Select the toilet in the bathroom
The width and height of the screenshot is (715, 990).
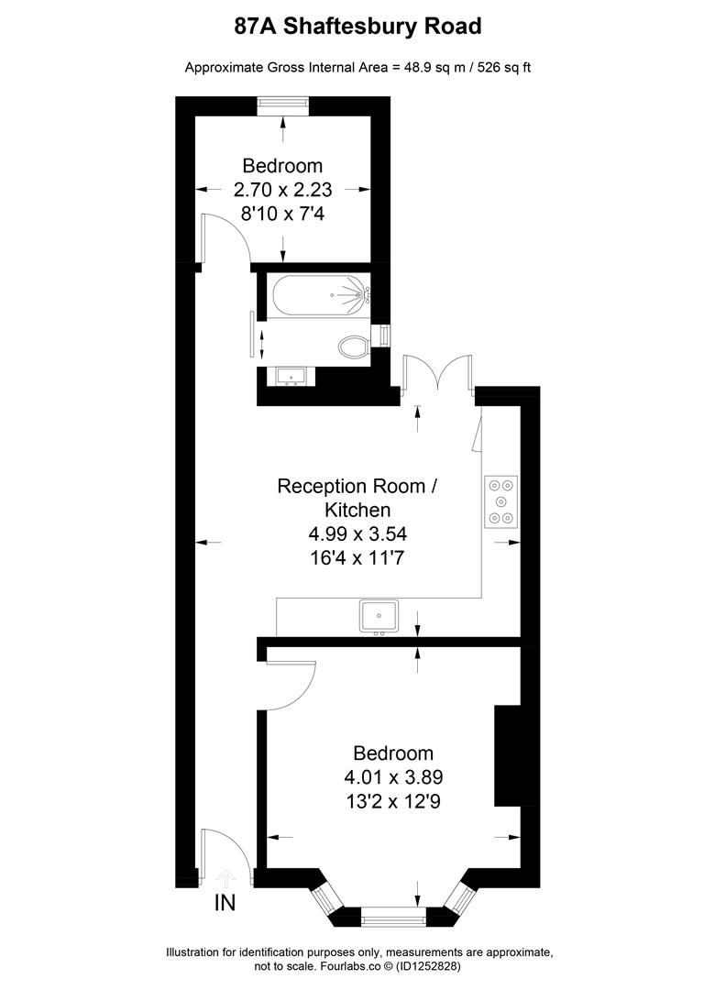tap(353, 346)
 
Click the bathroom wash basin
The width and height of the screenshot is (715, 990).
tap(291, 376)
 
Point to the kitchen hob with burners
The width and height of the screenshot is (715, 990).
tap(500, 501)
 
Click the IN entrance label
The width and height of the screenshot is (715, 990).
tap(225, 903)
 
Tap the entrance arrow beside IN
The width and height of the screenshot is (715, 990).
tap(225, 878)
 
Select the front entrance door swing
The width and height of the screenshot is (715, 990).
tap(225, 854)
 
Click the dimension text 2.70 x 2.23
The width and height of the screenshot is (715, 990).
tap(282, 191)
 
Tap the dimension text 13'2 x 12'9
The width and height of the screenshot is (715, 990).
tap(393, 800)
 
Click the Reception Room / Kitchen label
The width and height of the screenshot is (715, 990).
tap(357, 498)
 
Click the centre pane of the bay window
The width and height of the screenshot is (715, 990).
tap(393, 915)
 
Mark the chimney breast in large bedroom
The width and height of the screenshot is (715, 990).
tap(507, 755)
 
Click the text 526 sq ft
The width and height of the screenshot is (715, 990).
tap(502, 67)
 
